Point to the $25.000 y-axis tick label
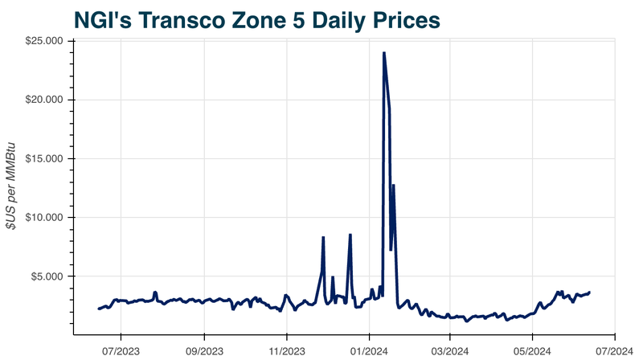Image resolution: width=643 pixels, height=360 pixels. click(x=45, y=41)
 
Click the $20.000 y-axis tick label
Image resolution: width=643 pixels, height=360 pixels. click(x=45, y=100)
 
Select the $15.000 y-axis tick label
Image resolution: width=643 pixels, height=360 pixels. click(x=45, y=158)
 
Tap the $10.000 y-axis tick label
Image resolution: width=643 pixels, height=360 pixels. click(x=45, y=217)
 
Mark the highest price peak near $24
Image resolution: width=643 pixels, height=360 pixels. click(x=384, y=53)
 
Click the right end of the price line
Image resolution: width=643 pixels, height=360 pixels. click(x=590, y=292)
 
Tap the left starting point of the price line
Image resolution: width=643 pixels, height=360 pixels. click(x=99, y=309)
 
